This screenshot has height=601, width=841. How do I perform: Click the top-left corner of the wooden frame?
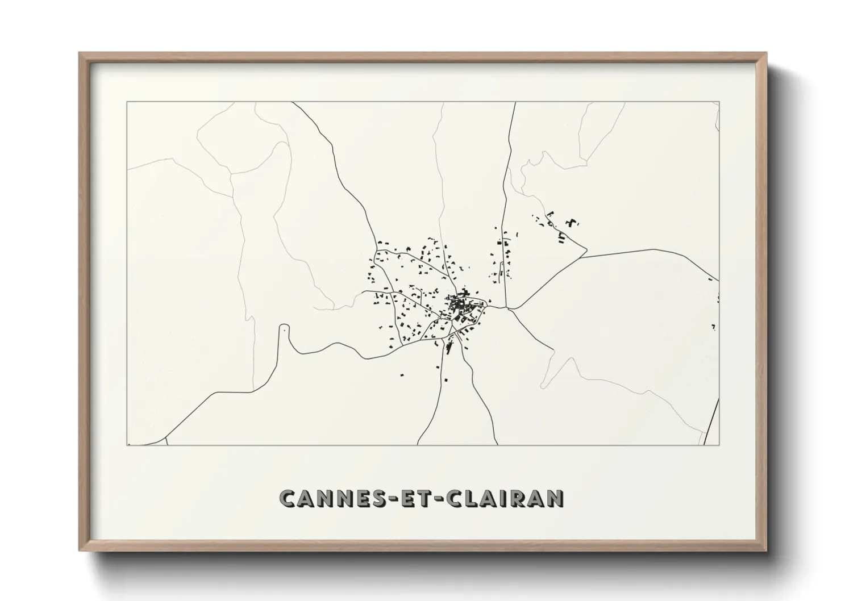point(80,53)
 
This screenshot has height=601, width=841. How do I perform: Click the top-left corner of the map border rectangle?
point(127,102)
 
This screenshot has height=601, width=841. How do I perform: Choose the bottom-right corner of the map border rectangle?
point(719,445)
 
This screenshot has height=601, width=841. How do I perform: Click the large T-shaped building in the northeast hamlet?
point(570,222)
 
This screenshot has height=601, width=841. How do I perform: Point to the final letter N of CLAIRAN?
point(556,498)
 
